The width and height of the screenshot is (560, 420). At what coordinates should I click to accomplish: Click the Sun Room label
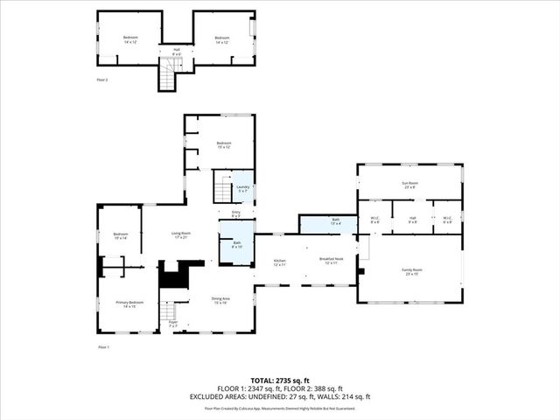click(x=409, y=185)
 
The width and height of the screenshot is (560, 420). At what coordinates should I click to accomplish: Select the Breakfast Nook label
click(x=331, y=261)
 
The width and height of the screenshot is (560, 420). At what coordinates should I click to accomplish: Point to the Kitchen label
click(x=279, y=262)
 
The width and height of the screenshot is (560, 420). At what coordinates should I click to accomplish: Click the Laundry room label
click(x=243, y=189)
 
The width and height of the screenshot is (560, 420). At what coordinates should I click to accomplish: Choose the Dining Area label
click(x=220, y=300)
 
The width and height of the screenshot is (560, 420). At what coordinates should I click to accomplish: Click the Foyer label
click(x=173, y=325)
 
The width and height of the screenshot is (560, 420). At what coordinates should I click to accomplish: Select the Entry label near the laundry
click(x=236, y=213)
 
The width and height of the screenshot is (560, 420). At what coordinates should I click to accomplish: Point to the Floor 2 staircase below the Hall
click(x=167, y=80)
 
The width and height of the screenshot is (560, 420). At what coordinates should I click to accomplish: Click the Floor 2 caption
click(x=102, y=80)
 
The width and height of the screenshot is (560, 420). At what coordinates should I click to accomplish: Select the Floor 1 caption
click(x=102, y=347)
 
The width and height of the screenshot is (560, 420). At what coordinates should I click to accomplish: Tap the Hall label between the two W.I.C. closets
click(x=412, y=220)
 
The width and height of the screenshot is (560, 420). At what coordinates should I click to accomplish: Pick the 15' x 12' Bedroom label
click(x=223, y=145)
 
